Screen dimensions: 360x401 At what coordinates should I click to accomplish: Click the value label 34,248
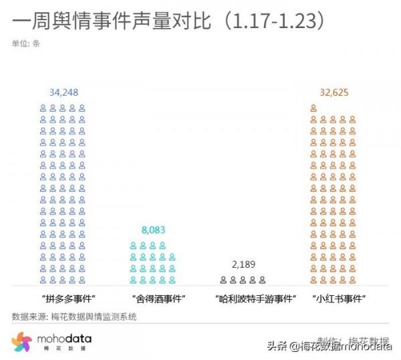(x=64, y=92)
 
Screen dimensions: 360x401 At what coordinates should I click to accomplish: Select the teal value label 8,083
(x=153, y=230)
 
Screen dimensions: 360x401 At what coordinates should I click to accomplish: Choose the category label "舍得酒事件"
(x=155, y=298)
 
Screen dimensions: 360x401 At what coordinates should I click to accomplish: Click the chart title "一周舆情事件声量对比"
(x=110, y=21)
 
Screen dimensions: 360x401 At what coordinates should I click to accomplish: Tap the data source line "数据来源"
(x=74, y=317)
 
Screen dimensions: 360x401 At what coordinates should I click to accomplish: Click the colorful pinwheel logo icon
(x=22, y=342)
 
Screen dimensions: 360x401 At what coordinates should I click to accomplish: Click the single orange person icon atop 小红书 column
(x=313, y=108)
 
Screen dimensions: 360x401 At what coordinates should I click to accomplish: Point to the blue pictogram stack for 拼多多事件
(x=63, y=193)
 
